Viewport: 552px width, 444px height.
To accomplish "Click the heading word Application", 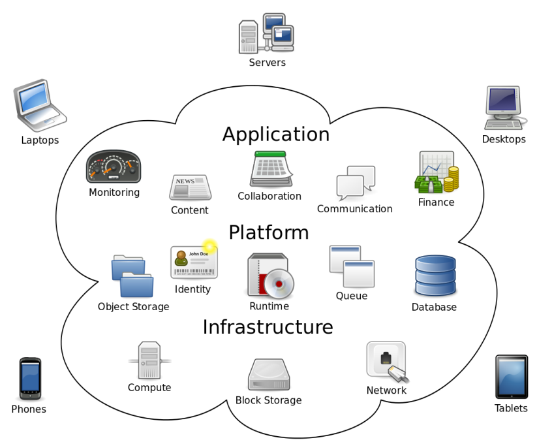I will pyautogui.click(x=276, y=134).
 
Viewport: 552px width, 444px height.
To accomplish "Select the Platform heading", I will pyautogui.click(x=269, y=232).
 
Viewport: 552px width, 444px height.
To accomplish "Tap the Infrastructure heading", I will pyautogui.click(x=268, y=326).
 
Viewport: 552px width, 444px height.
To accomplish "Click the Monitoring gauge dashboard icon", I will pyautogui.click(x=114, y=167).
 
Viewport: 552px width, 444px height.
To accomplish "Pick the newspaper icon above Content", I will pyautogui.click(x=190, y=187).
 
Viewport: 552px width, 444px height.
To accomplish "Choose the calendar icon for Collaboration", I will pyautogui.click(x=269, y=169).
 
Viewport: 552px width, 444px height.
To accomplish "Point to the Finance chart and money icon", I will pyautogui.click(x=437, y=172).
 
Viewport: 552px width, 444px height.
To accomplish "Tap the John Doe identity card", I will pyautogui.click(x=194, y=262).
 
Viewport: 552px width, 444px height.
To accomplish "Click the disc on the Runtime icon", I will pyautogui.click(x=280, y=284).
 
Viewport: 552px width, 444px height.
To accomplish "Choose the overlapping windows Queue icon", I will pyautogui.click(x=352, y=266).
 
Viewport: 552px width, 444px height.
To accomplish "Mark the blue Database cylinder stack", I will pyautogui.click(x=435, y=276).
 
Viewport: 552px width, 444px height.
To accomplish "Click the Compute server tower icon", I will pyautogui.click(x=149, y=360).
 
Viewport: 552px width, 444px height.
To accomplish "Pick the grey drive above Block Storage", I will pyautogui.click(x=269, y=375).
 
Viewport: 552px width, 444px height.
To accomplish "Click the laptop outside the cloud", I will pyautogui.click(x=39, y=105).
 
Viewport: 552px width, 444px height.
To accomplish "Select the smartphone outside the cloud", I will pyautogui.click(x=30, y=378).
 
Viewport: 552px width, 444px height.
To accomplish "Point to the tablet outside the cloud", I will pyautogui.click(x=512, y=377).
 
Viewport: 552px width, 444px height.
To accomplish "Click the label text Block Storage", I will pyautogui.click(x=269, y=400).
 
